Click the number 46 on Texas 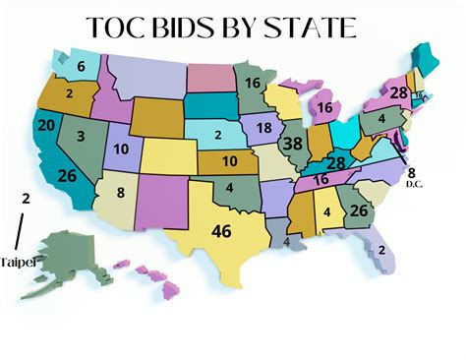[x=223, y=233]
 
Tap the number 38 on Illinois [x=292, y=145]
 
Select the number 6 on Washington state [x=81, y=67]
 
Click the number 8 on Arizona [x=120, y=193]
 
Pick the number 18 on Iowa [x=263, y=128]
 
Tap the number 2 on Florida [x=381, y=250]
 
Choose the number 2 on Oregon [x=70, y=93]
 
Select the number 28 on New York [x=398, y=92]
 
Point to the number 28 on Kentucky [x=335, y=162]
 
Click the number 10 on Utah [x=121, y=150]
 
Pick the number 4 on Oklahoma [x=228, y=189]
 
